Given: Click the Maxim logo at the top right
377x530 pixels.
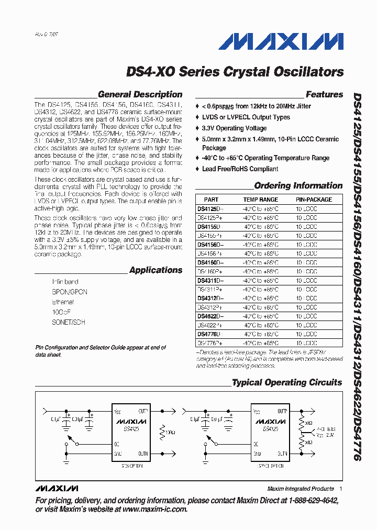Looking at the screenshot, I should (281, 42).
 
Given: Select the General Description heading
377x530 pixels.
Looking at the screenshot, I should (140, 95).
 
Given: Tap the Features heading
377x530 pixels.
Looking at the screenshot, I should (324, 95).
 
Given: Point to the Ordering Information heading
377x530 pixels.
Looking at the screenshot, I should (298, 186).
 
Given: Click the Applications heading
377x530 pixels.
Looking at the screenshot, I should (156, 270).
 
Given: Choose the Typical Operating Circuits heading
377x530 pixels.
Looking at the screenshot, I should (287, 383).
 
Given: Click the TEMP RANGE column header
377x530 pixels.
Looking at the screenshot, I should (260, 200).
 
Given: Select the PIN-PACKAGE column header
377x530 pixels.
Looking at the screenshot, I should (314, 200).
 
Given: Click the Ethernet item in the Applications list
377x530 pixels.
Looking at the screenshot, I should (63, 302).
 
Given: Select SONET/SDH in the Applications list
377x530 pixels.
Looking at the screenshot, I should (68, 322).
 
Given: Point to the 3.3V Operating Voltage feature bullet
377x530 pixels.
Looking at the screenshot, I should (234, 128).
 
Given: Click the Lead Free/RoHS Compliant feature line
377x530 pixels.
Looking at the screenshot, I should (240, 169).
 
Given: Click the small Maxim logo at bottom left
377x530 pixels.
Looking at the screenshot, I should (57, 488).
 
